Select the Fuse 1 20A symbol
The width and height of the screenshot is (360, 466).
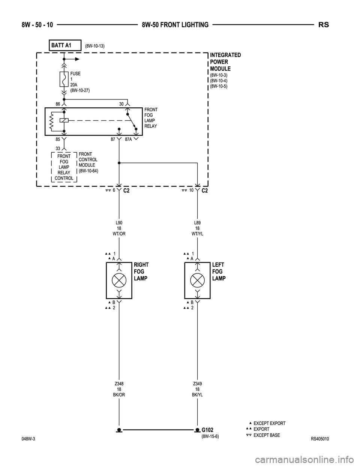64,80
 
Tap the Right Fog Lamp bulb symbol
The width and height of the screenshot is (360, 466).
119,280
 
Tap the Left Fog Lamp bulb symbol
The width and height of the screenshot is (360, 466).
197,280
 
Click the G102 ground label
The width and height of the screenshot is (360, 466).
208,430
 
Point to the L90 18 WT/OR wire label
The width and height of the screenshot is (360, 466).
119,228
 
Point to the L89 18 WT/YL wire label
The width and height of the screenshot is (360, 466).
197,228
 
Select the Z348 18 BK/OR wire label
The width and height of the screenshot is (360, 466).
119,389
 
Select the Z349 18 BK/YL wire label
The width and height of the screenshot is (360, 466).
197,389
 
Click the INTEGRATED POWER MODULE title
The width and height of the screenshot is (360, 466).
225,62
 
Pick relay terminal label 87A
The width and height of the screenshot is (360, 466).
129,139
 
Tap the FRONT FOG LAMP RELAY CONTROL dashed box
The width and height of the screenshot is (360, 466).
64,167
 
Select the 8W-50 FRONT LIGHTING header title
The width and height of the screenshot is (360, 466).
175,25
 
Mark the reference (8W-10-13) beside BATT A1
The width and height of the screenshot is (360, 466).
94,46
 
